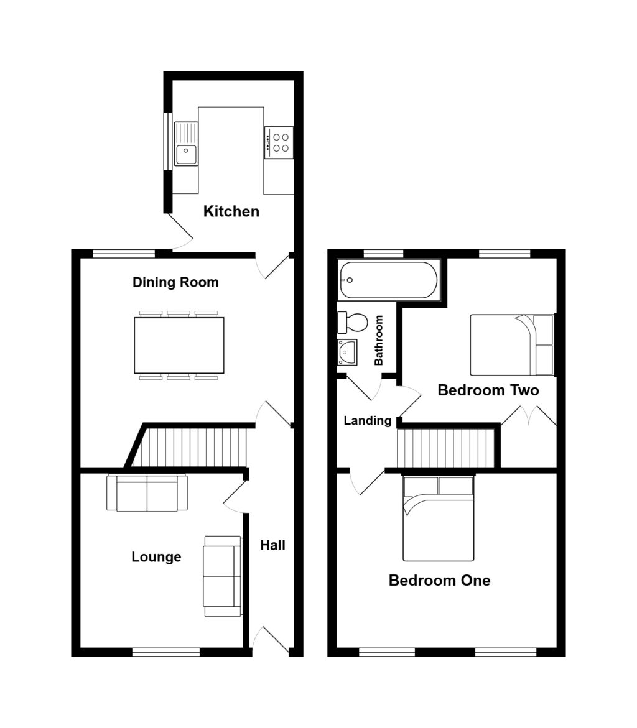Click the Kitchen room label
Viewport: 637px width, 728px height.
coord(231,212)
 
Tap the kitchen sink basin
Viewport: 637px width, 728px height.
coord(185,154)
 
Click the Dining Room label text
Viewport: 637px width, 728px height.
coord(175,283)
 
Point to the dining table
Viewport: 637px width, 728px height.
coord(179,345)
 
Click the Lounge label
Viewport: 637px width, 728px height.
coord(156,557)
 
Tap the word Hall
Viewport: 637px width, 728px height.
coord(272,546)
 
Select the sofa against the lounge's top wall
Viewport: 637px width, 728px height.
coord(147,494)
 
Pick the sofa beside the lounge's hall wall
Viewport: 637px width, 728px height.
coord(222,576)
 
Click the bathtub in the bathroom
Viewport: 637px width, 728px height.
coord(388,280)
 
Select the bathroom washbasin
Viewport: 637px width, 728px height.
coord(346,352)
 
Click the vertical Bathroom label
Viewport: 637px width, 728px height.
coord(378,341)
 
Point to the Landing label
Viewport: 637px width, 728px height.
coord(367,421)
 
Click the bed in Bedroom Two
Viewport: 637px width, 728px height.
coord(511,345)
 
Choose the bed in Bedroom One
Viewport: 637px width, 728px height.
coord(438,518)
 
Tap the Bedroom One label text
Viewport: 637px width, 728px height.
coord(439,581)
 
